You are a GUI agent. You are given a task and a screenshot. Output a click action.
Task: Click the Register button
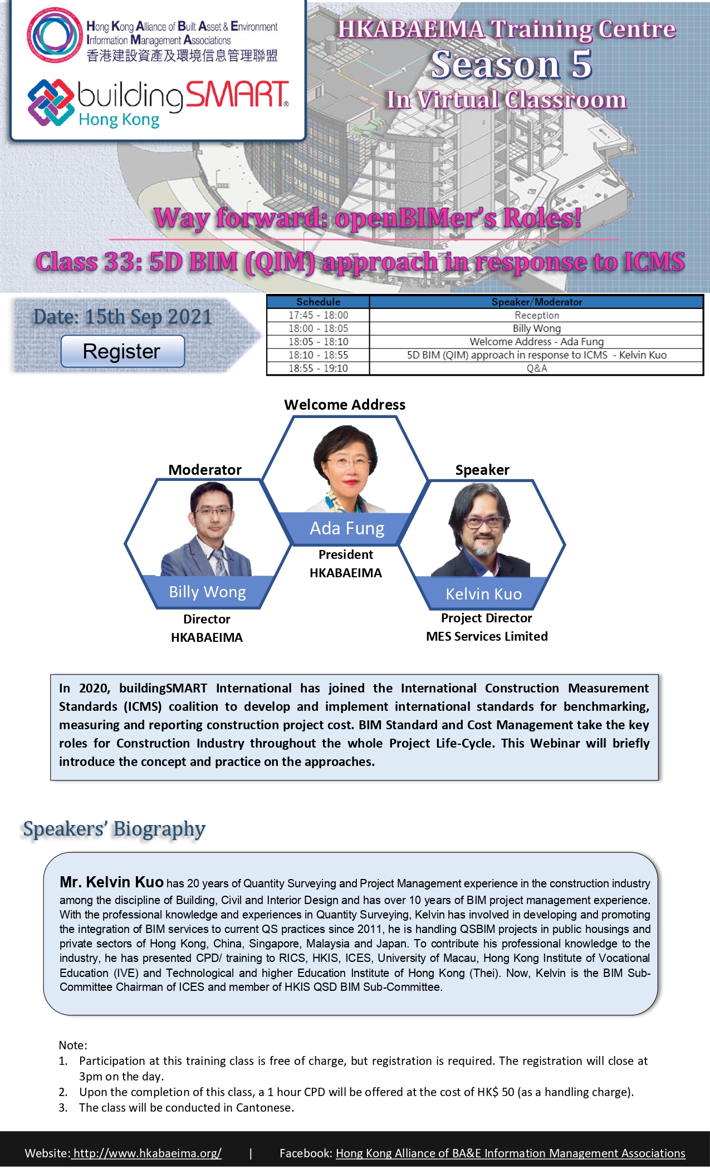[x=123, y=351]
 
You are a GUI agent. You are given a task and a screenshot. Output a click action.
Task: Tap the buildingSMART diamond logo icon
[x=51, y=103]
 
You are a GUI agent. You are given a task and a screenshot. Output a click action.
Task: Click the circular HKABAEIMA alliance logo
[x=54, y=35]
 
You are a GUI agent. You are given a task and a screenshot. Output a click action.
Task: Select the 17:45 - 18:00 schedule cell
[x=318, y=315]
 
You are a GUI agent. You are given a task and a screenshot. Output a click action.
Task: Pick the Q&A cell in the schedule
[x=537, y=369]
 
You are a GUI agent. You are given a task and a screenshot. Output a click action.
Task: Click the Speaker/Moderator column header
[x=537, y=302]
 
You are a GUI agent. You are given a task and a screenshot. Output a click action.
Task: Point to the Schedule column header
[x=318, y=302]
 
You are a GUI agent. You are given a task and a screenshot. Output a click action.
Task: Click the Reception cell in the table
[x=537, y=315]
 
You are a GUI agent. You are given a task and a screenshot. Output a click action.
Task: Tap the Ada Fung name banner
[x=347, y=528]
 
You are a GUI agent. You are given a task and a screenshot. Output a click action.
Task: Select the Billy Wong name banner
[x=207, y=592]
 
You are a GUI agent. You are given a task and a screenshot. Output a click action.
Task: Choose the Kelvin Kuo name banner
[x=483, y=594]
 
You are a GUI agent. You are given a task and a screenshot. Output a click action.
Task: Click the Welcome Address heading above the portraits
[x=345, y=405]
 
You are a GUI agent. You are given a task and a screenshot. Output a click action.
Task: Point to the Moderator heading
[x=205, y=470]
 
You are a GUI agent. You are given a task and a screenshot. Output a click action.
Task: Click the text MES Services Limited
[x=487, y=636]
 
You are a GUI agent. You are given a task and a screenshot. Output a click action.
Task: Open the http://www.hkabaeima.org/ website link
[x=147, y=1153]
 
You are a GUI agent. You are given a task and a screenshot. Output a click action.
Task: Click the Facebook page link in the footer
[x=510, y=1153]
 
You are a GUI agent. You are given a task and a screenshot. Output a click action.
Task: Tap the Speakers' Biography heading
[x=114, y=829]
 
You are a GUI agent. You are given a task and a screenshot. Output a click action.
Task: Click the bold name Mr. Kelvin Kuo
[x=111, y=882]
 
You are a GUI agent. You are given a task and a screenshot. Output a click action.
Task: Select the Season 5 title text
[x=511, y=64]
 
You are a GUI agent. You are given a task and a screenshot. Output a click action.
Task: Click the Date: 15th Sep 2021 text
[x=123, y=317]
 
